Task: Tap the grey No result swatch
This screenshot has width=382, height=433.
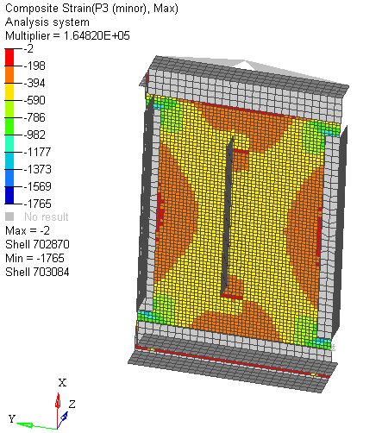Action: pos(10,217)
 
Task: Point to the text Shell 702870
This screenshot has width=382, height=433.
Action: pos(37,245)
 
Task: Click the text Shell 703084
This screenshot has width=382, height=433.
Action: pos(37,273)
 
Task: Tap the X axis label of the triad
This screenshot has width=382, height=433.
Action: pos(61,382)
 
